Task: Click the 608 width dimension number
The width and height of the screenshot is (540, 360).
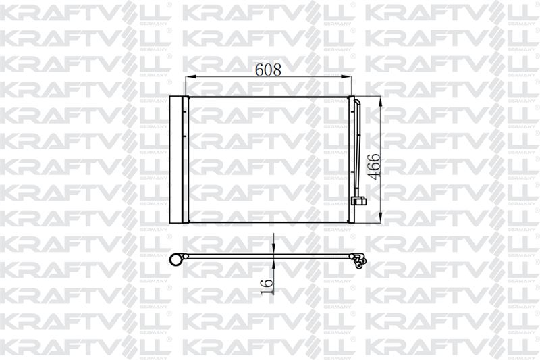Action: pyautogui.click(x=268, y=70)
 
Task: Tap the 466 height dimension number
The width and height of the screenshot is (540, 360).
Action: pyautogui.click(x=374, y=167)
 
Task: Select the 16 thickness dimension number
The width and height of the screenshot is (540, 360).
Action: pyautogui.click(x=267, y=286)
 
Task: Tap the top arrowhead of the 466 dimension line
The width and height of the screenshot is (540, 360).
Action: pyautogui.click(x=380, y=102)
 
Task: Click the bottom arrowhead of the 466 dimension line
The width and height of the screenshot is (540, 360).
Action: pyautogui.click(x=380, y=217)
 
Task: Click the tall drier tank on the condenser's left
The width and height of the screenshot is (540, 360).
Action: pyautogui.click(x=175, y=159)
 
